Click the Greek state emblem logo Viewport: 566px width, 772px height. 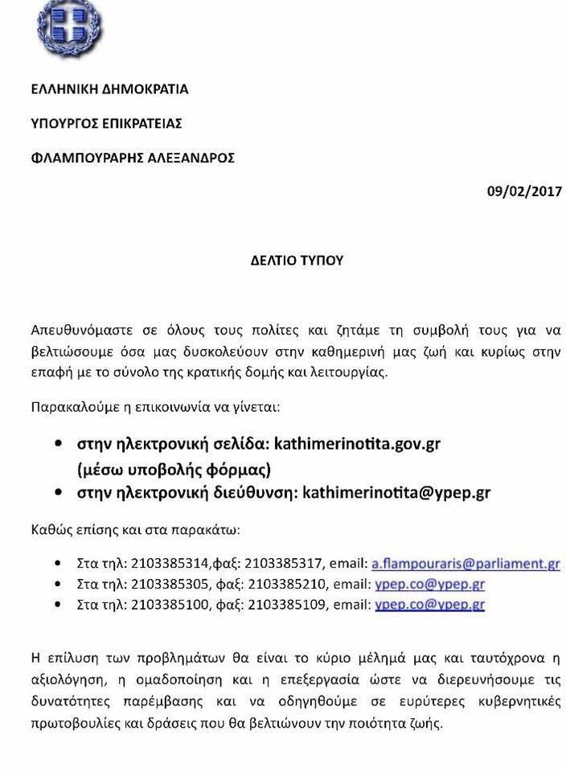click(70, 26)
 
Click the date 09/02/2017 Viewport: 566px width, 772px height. click(524, 191)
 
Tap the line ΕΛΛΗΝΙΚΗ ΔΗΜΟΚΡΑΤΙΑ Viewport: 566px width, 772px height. click(109, 89)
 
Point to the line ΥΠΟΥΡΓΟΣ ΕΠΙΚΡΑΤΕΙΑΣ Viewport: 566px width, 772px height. click(106, 124)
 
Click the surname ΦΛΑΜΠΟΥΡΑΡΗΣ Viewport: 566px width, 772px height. click(89, 158)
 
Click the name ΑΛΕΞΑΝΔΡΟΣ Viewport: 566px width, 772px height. click(193, 158)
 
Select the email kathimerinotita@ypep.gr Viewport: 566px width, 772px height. click(396, 492)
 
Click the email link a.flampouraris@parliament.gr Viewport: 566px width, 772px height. click(466, 564)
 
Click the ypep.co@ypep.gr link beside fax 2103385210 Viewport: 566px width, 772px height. click(429, 584)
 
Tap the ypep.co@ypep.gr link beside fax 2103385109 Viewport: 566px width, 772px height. click(429, 604)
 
